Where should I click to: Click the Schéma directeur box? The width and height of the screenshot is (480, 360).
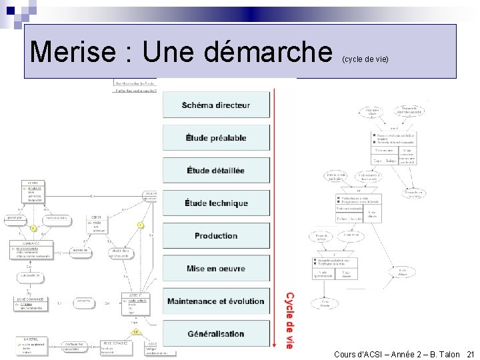pyautogui.click(x=216, y=105)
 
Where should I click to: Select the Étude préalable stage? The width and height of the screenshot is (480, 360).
pyautogui.click(x=216, y=138)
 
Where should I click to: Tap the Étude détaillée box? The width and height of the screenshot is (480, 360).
pyautogui.click(x=216, y=171)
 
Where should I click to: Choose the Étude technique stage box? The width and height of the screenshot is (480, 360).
pyautogui.click(x=216, y=203)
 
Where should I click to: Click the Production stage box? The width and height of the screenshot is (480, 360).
pyautogui.click(x=216, y=236)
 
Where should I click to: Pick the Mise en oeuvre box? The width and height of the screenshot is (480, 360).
pyautogui.click(x=216, y=269)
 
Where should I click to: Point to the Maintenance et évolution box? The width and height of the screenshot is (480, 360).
pyautogui.click(x=216, y=301)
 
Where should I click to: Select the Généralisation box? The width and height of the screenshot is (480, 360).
pyautogui.click(x=216, y=334)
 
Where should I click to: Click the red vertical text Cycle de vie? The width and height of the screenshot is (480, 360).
pyautogui.click(x=289, y=320)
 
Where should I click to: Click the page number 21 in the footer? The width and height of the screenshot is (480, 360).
pyautogui.click(x=471, y=354)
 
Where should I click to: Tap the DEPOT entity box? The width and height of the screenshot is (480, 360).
pyautogui.click(x=97, y=224)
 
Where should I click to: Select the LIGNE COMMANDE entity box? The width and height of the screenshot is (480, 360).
pyautogui.click(x=30, y=303)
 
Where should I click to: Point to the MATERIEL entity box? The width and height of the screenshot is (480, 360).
pyautogui.click(x=30, y=345)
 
